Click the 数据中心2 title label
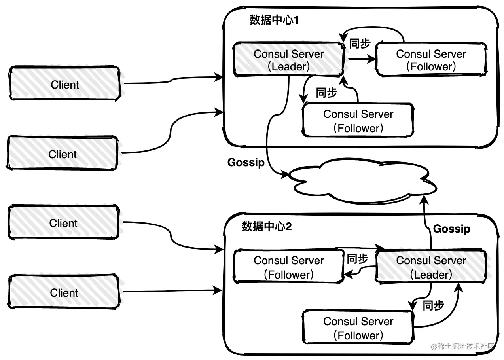tap(267, 227)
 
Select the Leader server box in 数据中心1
tap(288, 60)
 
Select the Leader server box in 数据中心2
tap(431, 267)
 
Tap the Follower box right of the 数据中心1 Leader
tap(431, 60)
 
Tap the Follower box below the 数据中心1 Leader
tap(358, 121)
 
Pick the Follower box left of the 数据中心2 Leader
tap(288, 267)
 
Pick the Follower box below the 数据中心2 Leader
tap(358, 328)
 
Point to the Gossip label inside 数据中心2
tap(452, 229)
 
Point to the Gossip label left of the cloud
tap(246, 162)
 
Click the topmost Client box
tap(64, 84)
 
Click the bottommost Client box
tap(64, 293)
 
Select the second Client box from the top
tap(63, 154)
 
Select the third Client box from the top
tap(63, 223)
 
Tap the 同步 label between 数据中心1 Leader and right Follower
tap(360, 44)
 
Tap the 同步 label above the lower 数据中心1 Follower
tap(326, 93)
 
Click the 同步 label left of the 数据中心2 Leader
tap(357, 259)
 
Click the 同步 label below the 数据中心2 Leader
tap(433, 305)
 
